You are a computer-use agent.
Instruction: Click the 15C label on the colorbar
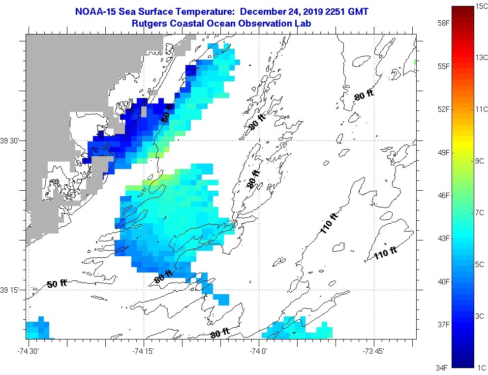pos(481,5)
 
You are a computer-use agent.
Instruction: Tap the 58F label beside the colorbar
pos(444,23)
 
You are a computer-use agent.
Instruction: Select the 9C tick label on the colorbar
pos(481,161)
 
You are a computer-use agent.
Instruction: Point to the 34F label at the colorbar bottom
pos(444,367)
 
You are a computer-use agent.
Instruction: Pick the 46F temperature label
pos(444,196)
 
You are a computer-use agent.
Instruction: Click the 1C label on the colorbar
pos(481,368)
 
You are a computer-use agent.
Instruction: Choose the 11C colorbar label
pos(481,109)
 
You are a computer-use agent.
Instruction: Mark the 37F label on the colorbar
pos(444,324)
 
